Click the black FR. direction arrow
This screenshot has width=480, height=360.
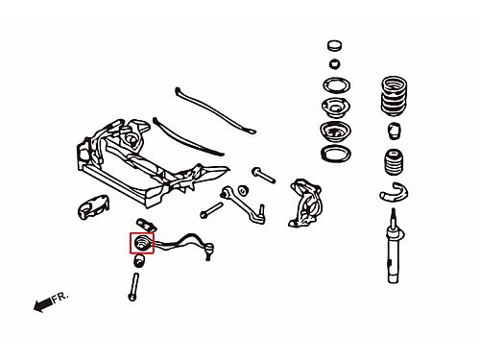coord(42,304)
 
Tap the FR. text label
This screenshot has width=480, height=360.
coord(60,298)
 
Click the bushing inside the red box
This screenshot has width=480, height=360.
coord(141,243)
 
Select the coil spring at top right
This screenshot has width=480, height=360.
coord(394,96)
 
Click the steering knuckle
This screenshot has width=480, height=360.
coord(305,204)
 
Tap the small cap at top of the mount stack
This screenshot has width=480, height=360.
coord(335,45)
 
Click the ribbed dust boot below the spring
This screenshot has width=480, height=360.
coord(394,163)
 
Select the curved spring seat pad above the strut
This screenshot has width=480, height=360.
coord(394,192)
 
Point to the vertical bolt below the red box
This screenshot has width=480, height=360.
coord(133,287)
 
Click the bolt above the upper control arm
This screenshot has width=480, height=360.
coord(264,176)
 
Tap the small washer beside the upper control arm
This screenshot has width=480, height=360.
coord(243,190)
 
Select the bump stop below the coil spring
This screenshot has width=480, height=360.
coord(395,131)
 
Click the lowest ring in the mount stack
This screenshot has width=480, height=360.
coord(336,154)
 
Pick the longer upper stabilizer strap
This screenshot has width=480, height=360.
coord(215,110)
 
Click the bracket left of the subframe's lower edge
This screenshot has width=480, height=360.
coord(93,206)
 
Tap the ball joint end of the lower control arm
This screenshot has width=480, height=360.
coord(208,251)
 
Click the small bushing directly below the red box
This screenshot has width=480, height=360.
coord(139,261)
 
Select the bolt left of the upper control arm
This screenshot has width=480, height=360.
coord(211,210)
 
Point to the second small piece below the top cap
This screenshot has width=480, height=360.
coord(335,63)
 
